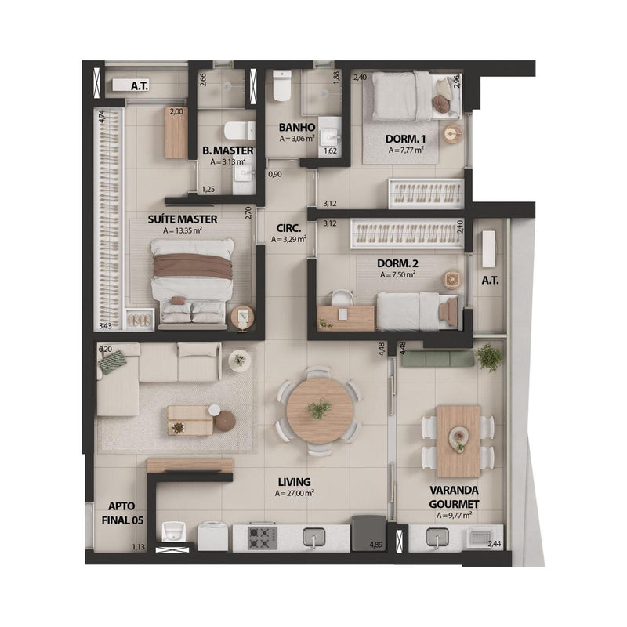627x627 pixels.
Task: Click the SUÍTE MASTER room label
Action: click(183, 219)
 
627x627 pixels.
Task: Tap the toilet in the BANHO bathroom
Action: click(281, 85)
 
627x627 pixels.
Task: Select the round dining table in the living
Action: click(319, 410)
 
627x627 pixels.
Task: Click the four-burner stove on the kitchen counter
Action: click(263, 538)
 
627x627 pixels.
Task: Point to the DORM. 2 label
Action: click(397, 263)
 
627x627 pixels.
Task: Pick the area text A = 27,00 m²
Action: click(295, 494)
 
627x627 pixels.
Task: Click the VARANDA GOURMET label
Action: click(454, 497)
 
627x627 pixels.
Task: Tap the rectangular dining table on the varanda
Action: click(458, 441)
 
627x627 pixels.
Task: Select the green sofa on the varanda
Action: click(438, 359)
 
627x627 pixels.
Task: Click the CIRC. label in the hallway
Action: click(288, 228)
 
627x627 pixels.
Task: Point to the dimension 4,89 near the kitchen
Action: click(376, 545)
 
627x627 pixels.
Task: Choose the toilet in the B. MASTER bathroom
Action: click(239, 130)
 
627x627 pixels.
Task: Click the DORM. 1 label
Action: click(405, 140)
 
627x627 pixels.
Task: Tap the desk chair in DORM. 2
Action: click(342, 298)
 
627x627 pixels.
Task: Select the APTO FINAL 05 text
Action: click(122, 513)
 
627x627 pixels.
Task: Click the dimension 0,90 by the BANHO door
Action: click(275, 174)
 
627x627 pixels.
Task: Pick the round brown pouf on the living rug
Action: click(226, 421)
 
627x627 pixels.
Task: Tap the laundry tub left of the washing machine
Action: click(174, 532)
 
